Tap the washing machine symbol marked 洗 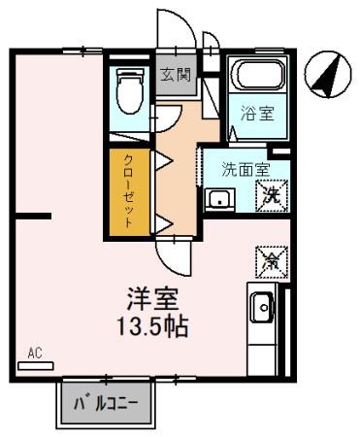pyautogui.click(x=273, y=193)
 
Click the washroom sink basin pyautogui.click(x=219, y=201)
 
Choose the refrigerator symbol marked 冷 pyautogui.click(x=271, y=258)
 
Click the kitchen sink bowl pyautogui.click(x=260, y=310)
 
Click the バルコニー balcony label pyautogui.click(x=110, y=402)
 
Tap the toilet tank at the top pyautogui.click(x=127, y=76)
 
